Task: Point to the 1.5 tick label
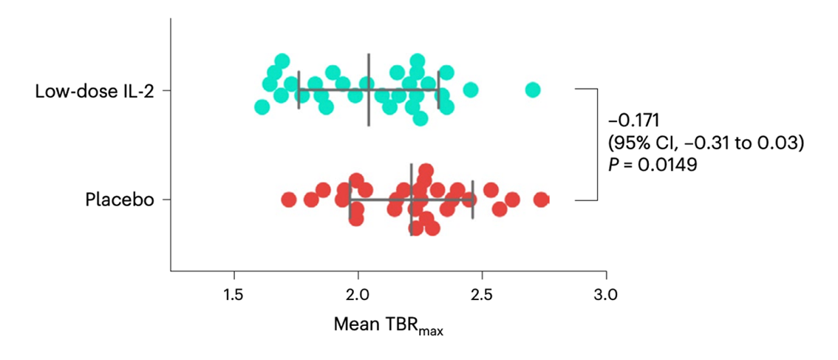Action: point(234,296)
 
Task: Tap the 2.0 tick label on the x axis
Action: point(358,296)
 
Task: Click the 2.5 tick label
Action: point(482,296)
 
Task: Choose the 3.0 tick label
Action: point(606,296)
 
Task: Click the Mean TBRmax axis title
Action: point(388,325)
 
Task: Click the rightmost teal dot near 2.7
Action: point(533,90)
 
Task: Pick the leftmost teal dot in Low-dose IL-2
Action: point(262,107)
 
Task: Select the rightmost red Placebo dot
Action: point(542,200)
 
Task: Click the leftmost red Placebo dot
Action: point(289,200)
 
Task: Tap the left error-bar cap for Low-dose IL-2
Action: point(299,90)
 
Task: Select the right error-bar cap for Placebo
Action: point(472,200)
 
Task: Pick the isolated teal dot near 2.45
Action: point(471,90)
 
